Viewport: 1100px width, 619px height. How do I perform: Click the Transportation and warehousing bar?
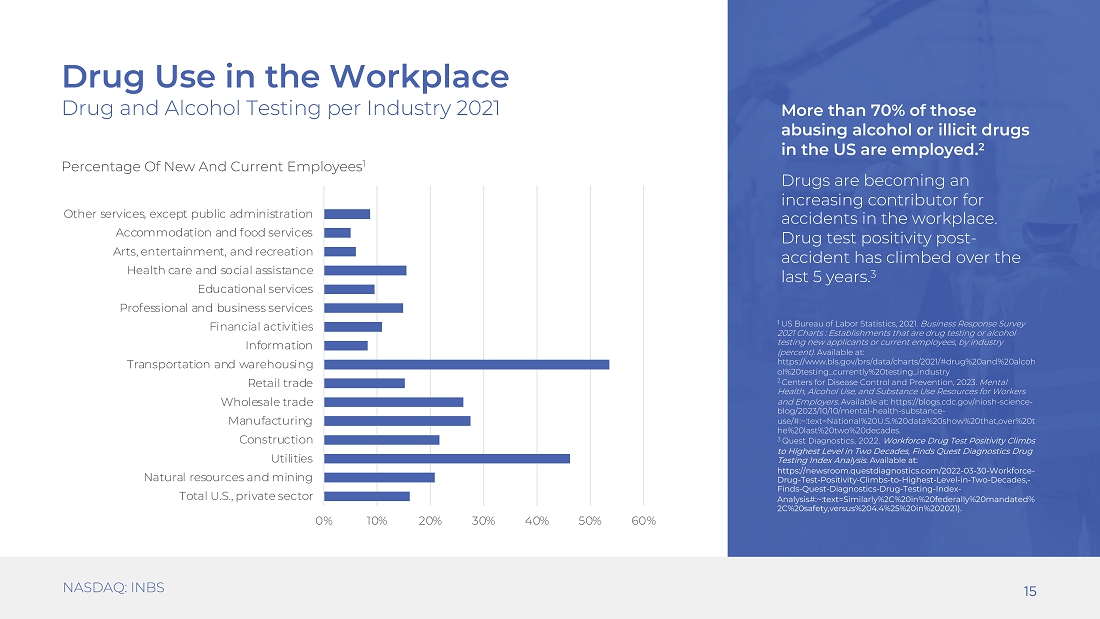(x=467, y=364)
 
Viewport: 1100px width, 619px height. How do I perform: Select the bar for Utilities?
(x=447, y=458)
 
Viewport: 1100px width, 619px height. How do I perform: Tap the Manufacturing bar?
(x=397, y=421)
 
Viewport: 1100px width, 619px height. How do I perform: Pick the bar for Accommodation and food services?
(x=337, y=233)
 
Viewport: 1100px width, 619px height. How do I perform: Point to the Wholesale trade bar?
(x=394, y=402)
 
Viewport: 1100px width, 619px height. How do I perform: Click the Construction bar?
(x=382, y=440)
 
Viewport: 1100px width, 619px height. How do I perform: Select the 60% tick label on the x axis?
(x=643, y=521)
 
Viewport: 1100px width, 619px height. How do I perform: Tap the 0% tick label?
(x=323, y=521)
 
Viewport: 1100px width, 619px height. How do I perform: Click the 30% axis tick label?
(x=483, y=521)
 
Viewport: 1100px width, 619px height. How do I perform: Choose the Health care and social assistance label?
(x=220, y=270)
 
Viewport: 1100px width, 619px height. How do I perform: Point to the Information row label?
(x=279, y=345)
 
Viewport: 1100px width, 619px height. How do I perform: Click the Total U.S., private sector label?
(x=246, y=496)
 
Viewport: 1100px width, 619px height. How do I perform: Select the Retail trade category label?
(x=280, y=383)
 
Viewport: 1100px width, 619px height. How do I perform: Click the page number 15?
(x=1030, y=592)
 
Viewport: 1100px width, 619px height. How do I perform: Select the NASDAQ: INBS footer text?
(x=114, y=587)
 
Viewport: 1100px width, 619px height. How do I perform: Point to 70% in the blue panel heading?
(x=888, y=111)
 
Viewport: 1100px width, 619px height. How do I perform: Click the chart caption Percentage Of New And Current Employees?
(x=213, y=166)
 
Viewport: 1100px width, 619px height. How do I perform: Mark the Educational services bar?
(x=349, y=289)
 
